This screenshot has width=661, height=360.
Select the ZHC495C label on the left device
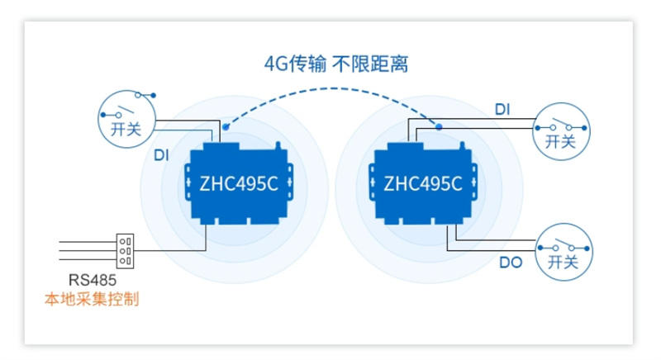click(239, 184)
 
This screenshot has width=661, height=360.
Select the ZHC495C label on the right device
click(423, 184)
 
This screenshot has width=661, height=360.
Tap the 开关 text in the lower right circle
click(563, 262)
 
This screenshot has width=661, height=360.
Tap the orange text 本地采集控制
click(91, 299)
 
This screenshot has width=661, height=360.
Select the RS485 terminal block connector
click(126, 250)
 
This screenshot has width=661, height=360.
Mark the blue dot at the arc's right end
click(439, 127)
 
